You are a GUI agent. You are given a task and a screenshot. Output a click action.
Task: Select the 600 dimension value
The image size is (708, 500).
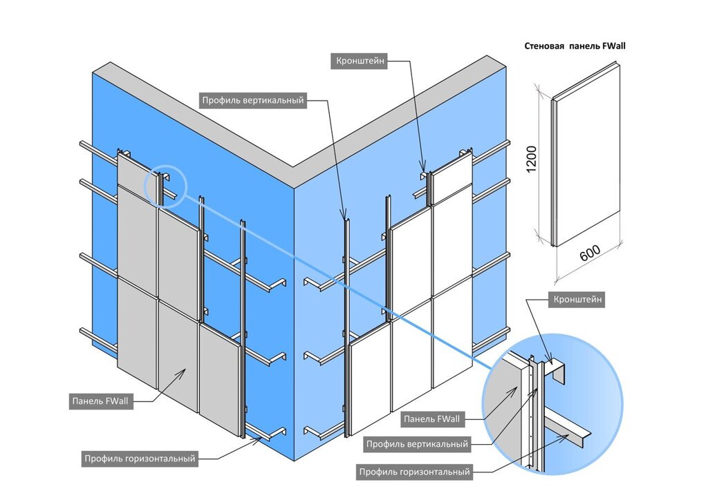click(x=590, y=254)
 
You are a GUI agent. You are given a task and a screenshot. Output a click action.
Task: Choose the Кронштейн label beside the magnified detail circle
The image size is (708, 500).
click(x=577, y=300)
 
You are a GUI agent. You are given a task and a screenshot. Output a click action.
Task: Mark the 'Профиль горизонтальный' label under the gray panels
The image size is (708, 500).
click(x=140, y=458)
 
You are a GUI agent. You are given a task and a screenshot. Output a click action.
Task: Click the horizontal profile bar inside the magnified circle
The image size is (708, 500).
click(x=570, y=435)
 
